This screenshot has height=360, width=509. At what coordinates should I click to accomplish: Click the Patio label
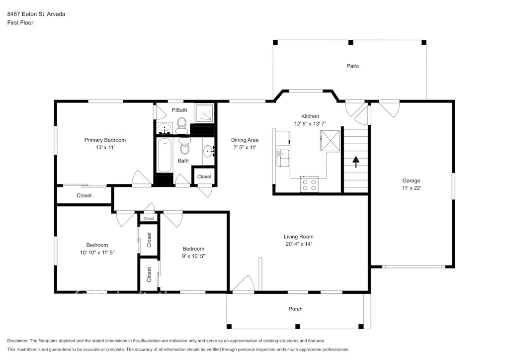352,66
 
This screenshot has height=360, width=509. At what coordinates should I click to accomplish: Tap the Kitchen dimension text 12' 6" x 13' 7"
310,124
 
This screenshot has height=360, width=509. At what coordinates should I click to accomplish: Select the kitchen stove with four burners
309,184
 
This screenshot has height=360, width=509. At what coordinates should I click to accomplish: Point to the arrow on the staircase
356,162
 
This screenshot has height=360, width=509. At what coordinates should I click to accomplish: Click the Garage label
411,180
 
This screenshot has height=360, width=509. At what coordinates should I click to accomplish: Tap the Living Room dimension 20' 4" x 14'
299,244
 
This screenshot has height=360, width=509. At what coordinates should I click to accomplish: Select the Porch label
295,309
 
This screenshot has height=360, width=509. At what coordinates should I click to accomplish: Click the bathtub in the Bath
164,155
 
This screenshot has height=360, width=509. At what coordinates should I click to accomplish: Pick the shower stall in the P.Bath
204,113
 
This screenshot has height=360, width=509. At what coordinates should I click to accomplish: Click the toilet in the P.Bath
182,126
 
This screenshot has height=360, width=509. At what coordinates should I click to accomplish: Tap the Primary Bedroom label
105,140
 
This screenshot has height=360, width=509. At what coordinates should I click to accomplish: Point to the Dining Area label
245,140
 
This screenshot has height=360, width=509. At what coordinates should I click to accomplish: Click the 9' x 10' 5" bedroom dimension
193,256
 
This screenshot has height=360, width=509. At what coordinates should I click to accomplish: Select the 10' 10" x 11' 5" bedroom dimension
97,253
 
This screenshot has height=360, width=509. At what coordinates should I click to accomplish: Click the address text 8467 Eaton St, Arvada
36,14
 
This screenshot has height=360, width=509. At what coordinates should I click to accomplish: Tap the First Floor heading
20,23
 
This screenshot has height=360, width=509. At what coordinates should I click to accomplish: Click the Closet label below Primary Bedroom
84,195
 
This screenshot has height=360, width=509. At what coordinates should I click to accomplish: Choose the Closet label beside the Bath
204,177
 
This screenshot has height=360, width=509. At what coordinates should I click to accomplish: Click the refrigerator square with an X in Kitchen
330,141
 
